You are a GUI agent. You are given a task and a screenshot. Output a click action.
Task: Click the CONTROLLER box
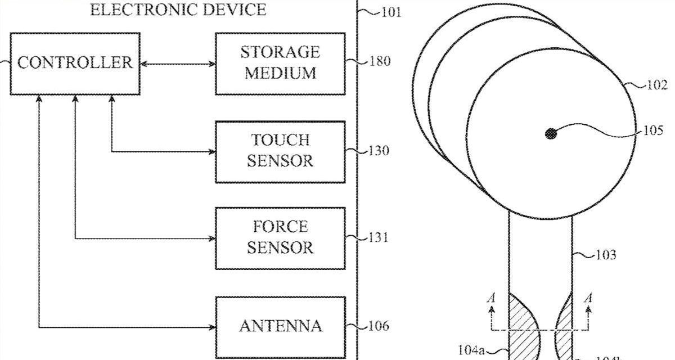point(75,63)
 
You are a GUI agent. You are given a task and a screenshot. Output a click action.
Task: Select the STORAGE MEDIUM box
point(280,63)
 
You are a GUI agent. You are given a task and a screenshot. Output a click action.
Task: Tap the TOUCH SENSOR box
point(280,151)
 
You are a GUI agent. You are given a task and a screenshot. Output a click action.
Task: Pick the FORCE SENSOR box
point(280,237)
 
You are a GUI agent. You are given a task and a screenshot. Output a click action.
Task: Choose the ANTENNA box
point(280,326)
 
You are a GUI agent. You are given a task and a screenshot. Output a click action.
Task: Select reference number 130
point(379,151)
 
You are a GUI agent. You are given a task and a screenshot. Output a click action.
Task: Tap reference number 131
point(379,237)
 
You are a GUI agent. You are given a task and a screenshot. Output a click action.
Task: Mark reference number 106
point(379,326)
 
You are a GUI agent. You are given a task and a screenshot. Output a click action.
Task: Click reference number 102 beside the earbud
point(656,85)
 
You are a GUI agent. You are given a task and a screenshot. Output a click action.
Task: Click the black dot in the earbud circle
point(551,134)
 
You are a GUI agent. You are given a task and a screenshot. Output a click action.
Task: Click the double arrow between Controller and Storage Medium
point(177,63)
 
